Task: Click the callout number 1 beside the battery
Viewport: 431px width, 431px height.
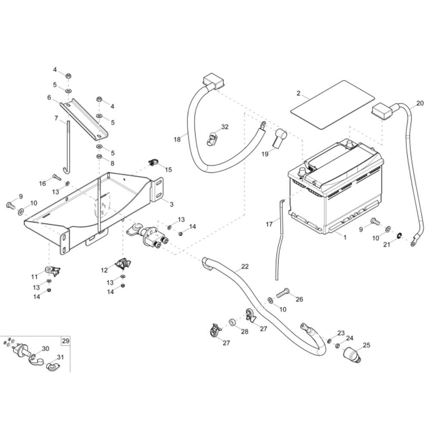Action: point(344,237)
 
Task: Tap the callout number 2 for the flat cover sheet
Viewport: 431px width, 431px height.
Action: point(298,93)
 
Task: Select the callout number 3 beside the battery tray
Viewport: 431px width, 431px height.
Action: point(171,204)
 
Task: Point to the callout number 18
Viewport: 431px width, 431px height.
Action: point(177,139)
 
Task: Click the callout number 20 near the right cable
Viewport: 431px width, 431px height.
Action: point(420,103)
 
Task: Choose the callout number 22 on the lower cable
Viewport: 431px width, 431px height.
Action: point(245,267)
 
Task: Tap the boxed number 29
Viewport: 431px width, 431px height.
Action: point(65,341)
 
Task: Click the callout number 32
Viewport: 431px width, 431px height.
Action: point(225,127)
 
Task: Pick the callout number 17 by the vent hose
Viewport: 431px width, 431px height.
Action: point(269,224)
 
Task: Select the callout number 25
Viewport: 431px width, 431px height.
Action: point(366,345)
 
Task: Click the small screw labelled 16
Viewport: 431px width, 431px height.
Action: point(57,176)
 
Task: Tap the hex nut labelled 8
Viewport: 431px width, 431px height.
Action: point(99,156)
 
